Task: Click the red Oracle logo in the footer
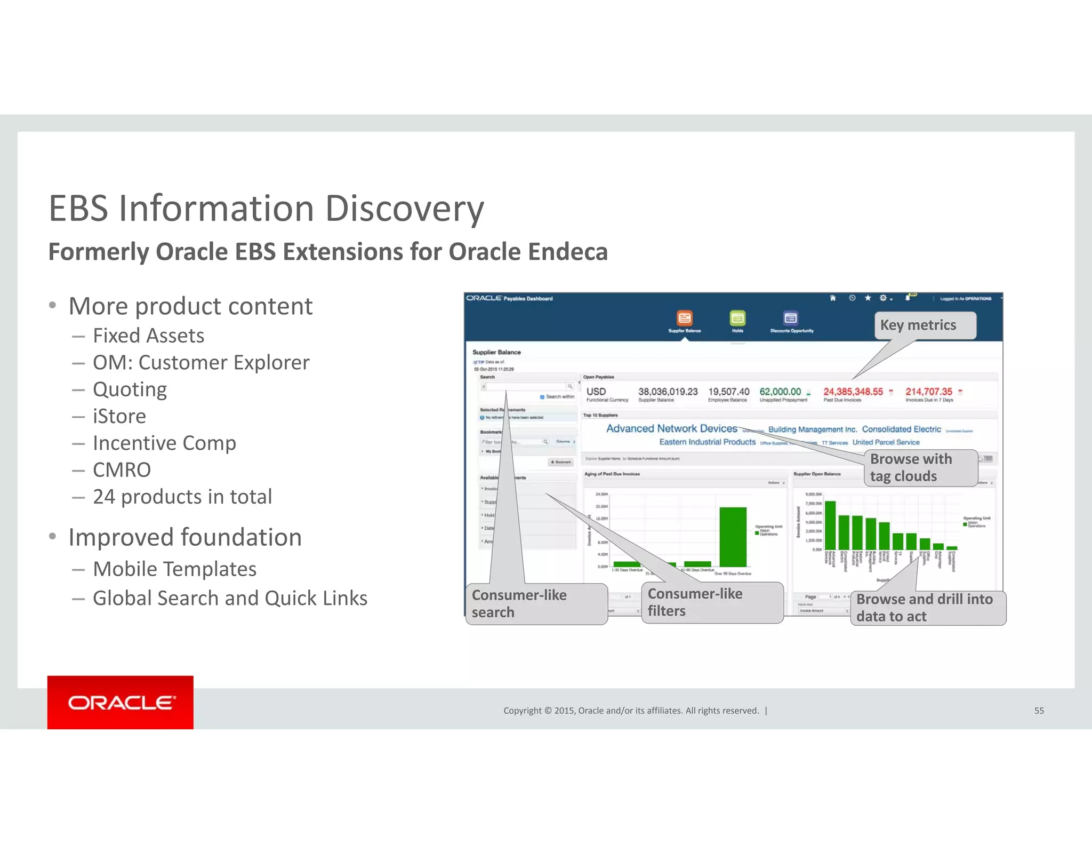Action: [121, 702]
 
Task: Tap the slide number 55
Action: [1039, 711]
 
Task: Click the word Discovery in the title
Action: [404, 208]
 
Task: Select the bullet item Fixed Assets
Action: [148, 336]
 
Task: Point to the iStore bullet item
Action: [119, 416]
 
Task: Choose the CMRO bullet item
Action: [122, 470]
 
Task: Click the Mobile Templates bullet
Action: [174, 569]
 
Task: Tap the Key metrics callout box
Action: [925, 325]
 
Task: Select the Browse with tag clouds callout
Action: [920, 467]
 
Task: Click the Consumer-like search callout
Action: [536, 603]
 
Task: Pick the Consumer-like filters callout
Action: [712, 602]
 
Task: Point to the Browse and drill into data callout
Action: [927, 608]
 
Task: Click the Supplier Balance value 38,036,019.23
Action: [668, 392]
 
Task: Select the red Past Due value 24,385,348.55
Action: [853, 392]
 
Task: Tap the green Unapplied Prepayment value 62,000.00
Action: [780, 392]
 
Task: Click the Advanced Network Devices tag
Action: [671, 428]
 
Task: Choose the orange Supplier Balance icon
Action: [685, 319]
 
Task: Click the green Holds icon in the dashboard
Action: [737, 319]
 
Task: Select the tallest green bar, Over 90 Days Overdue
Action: [733, 536]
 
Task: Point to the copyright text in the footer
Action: [631, 711]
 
